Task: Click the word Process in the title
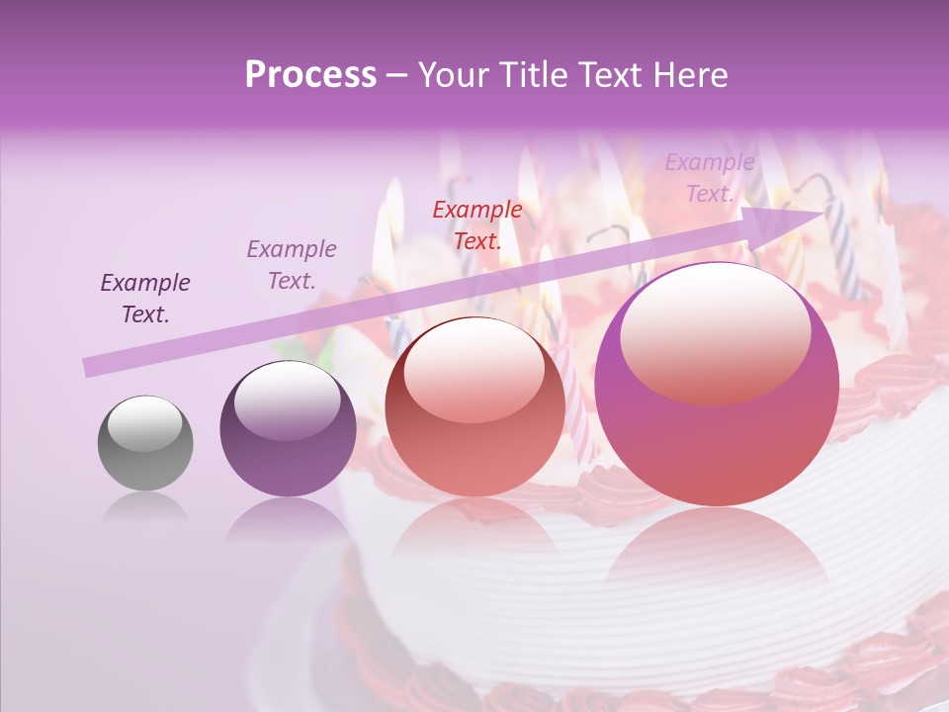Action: coord(310,75)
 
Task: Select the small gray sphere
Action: coord(145,444)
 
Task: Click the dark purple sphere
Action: coord(288,429)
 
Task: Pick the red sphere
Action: coord(474,407)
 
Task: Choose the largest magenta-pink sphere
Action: coord(717,386)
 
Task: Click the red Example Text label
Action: coord(477,224)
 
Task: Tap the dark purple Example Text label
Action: coord(145,298)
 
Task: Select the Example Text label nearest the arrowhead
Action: coord(709,178)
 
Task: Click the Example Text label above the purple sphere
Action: coord(292,264)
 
